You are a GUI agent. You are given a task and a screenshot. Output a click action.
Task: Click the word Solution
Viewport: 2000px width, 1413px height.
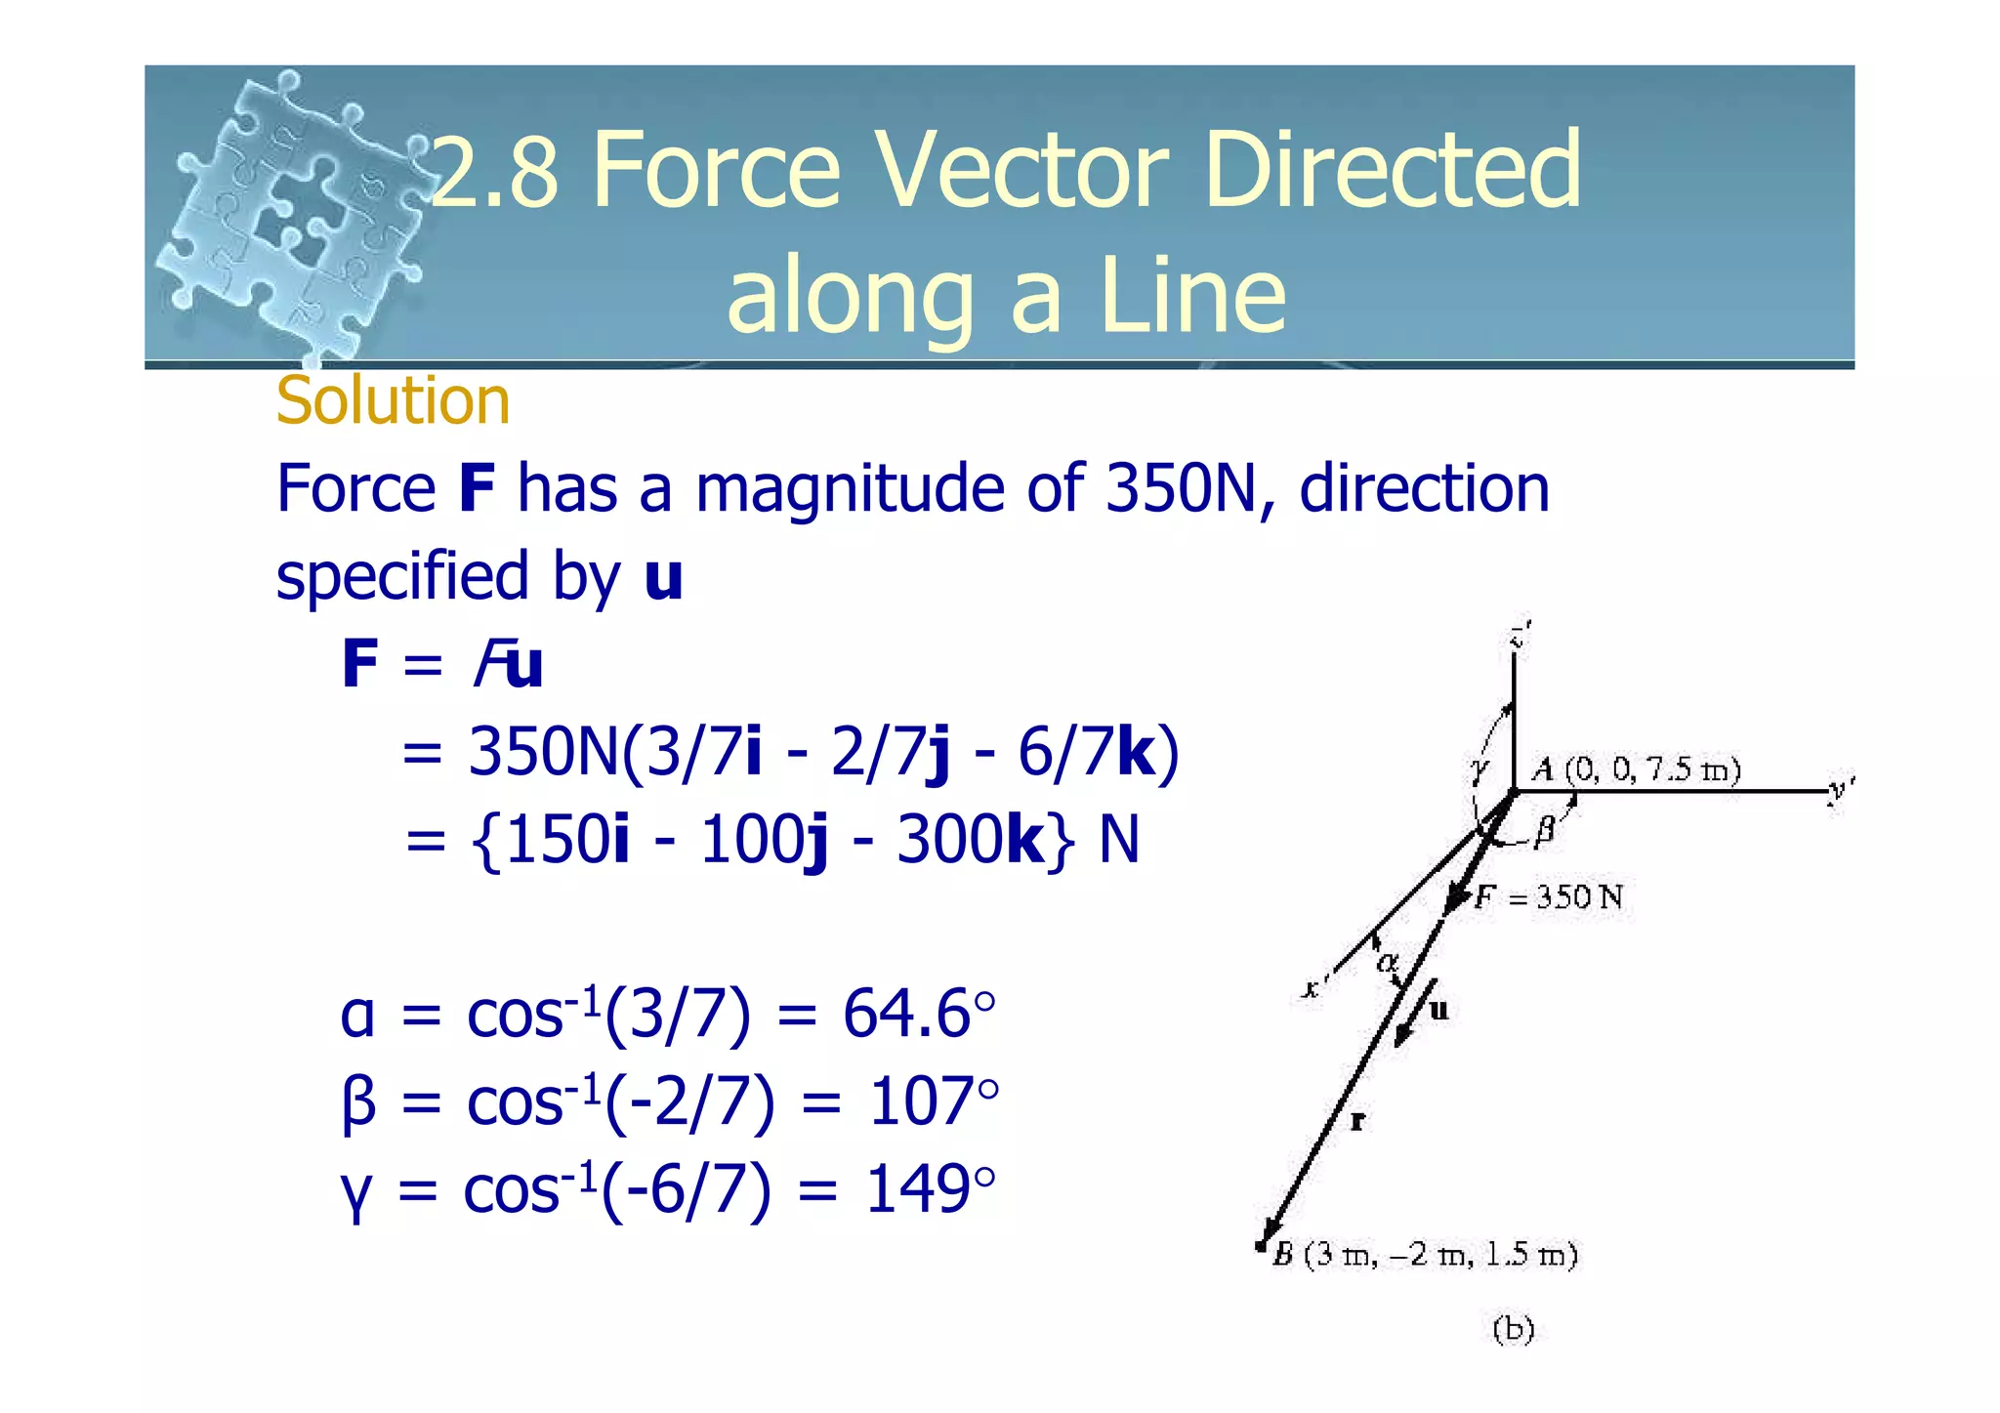(393, 400)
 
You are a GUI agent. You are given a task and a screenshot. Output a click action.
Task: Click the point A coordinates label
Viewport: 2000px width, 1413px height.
(1637, 769)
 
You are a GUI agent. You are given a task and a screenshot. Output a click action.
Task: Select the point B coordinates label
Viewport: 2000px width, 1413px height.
(1426, 1255)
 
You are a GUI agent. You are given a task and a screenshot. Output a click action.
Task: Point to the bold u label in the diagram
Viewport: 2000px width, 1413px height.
(1438, 1010)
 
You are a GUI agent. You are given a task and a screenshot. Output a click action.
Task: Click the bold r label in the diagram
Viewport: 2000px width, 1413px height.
(1357, 1122)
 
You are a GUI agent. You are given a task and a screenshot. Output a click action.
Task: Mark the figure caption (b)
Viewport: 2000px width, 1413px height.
(1514, 1329)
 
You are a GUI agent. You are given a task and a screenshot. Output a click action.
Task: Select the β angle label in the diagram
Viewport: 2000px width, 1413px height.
(1544, 831)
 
